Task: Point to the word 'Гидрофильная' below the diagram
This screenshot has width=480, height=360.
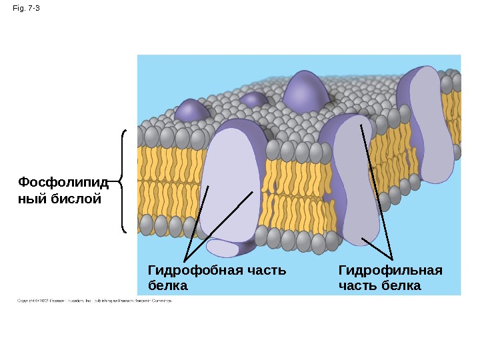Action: [x=390, y=271]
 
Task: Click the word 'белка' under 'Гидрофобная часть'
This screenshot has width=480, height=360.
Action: [x=167, y=286]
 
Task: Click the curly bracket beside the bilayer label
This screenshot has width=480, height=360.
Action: [x=123, y=181]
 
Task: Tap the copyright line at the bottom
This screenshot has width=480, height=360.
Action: [x=94, y=301]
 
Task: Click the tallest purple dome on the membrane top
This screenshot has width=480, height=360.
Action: [x=306, y=93]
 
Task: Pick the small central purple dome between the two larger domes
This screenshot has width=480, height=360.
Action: [x=254, y=101]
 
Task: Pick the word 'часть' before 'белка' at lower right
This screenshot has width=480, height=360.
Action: [x=359, y=286]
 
